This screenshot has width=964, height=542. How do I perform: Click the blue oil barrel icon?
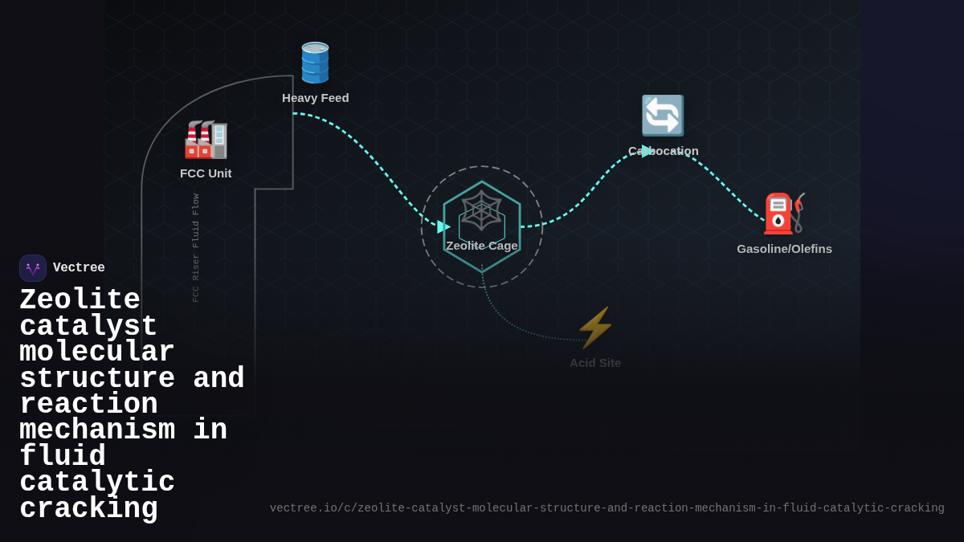point(315,63)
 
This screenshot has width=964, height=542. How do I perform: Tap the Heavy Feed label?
point(316,98)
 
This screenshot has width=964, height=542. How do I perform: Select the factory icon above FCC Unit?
point(206,140)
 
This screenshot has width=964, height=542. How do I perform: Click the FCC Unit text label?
point(206,173)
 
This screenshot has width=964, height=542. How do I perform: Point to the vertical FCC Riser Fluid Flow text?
point(195,247)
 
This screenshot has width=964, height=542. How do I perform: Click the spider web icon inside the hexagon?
point(481,210)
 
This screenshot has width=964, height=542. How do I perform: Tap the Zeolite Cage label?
point(482,246)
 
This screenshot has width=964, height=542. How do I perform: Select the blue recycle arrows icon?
point(663,116)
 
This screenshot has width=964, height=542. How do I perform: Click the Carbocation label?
point(664,151)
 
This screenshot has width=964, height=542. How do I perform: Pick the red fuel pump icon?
point(783,214)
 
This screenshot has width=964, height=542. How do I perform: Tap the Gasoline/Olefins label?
point(784,249)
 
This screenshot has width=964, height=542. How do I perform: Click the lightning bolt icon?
point(595,328)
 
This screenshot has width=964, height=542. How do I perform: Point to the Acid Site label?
point(595,363)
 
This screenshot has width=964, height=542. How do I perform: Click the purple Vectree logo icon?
point(33,268)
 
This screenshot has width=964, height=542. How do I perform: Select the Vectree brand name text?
point(79,268)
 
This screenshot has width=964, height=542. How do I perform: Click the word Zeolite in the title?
point(80,300)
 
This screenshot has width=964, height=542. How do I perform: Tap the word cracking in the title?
point(88,509)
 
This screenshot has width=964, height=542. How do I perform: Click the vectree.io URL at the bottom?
point(607,508)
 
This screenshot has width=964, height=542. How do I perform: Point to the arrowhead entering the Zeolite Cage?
point(443,227)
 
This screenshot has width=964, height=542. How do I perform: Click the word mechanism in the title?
point(97,430)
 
